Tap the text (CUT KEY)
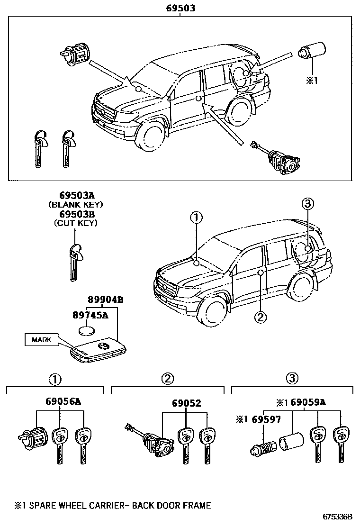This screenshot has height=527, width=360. tap(76, 223)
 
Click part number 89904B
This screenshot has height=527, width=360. tap(105, 300)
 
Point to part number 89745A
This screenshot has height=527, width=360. tap(90, 314)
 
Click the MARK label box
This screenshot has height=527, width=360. tap(41, 339)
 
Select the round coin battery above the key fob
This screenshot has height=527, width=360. tap(86, 330)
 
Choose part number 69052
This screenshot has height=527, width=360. tap(186, 403)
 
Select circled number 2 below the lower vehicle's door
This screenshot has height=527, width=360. tap(260, 317)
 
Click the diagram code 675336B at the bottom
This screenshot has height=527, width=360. tap(338, 516)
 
